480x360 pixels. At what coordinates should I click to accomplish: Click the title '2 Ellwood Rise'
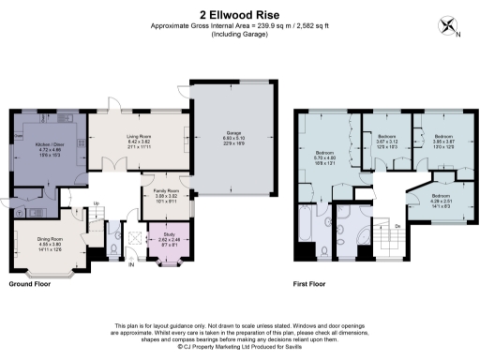pyautogui.click(x=239, y=14)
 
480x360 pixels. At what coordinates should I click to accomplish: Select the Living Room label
pyautogui.click(x=140, y=142)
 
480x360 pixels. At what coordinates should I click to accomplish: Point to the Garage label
pyautogui.click(x=234, y=137)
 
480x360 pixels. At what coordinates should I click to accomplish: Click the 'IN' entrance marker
pyautogui.click(x=131, y=265)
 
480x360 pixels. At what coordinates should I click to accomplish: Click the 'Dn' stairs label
pyautogui.click(x=397, y=226)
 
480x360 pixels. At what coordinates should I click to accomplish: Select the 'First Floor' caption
pyautogui.click(x=314, y=283)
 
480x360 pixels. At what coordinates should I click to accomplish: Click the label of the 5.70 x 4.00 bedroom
pyautogui.click(x=325, y=156)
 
